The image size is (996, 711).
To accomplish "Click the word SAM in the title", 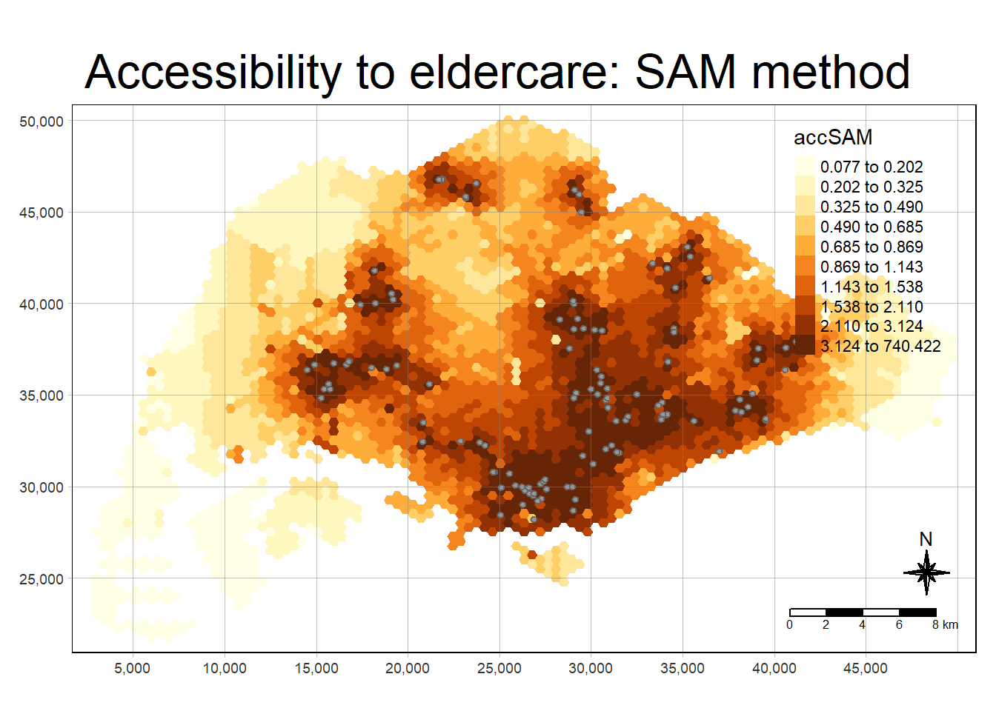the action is (685, 73).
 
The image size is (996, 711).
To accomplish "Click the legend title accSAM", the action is (833, 137).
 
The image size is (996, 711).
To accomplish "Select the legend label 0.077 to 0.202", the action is (871, 167).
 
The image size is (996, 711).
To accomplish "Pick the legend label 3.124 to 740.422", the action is (880, 346).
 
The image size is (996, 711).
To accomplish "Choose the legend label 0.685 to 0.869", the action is (871, 247).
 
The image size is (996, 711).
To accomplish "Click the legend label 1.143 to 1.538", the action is (871, 287).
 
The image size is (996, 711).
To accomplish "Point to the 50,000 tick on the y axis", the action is (41, 121).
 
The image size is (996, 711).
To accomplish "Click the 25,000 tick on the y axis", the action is (41, 579).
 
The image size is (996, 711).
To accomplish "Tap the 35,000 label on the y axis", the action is (41, 395).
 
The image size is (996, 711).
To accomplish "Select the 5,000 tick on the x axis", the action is (133, 668).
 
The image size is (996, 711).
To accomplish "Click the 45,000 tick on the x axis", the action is (866, 668).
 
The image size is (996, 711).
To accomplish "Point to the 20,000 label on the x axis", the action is (408, 668).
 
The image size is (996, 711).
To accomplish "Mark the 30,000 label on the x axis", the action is (591, 668).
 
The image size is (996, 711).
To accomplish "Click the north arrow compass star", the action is (926, 573).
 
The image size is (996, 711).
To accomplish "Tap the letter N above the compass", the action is (926, 539).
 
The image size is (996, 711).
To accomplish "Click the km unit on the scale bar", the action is (951, 625).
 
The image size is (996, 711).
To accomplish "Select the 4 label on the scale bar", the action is (862, 625).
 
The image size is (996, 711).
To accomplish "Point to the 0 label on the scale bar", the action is (789, 625).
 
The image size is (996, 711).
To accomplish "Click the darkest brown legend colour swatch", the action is (806, 345).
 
